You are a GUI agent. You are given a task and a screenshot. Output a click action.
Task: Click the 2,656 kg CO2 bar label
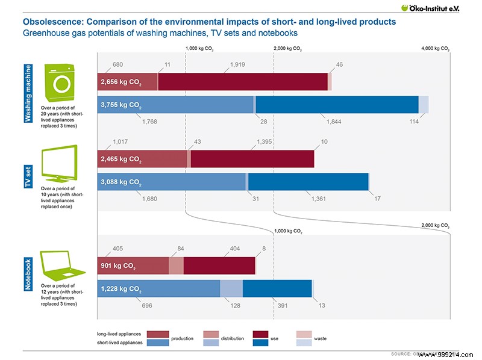click(x=121, y=82)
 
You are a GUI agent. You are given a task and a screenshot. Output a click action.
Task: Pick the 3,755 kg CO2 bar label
click(x=121, y=105)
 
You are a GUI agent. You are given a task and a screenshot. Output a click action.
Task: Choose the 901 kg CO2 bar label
click(x=119, y=265)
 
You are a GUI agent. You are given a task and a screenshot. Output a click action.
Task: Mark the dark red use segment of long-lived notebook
click(x=219, y=265)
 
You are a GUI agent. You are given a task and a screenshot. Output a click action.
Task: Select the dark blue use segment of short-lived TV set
click(x=308, y=181)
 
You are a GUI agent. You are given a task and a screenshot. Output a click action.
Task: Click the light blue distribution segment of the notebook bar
click(x=231, y=289)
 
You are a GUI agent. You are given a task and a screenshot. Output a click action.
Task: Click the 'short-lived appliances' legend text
click(x=119, y=343)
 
